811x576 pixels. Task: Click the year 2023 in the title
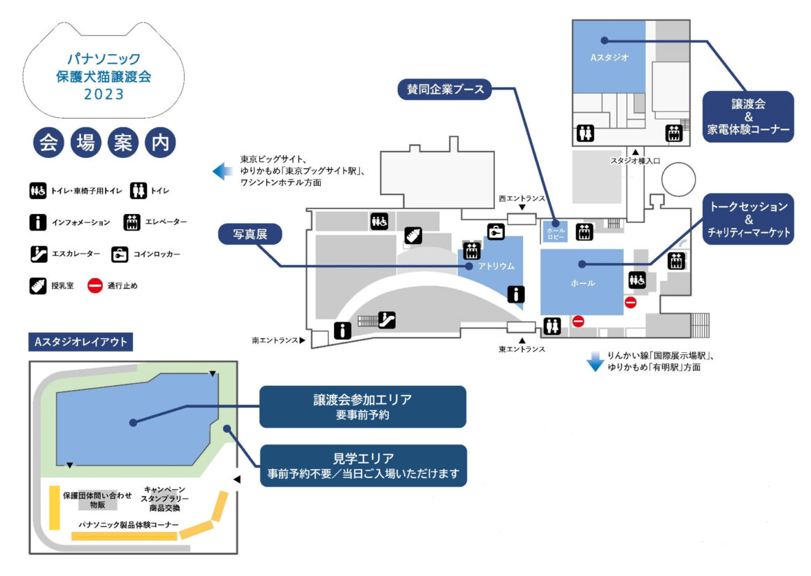[x=103, y=93]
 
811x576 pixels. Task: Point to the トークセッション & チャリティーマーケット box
[x=749, y=219]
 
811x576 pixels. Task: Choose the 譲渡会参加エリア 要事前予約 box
[x=362, y=407]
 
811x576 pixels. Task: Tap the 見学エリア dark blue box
[x=362, y=466]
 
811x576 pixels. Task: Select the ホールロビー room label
[x=555, y=233]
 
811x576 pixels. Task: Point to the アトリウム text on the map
[x=496, y=266]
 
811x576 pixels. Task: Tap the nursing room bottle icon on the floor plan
[x=413, y=236]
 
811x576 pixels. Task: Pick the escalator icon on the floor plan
[x=389, y=319]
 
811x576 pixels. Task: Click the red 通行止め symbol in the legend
[x=95, y=285]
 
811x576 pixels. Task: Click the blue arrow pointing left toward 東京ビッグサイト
[x=222, y=171]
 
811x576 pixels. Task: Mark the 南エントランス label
[x=275, y=341]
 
